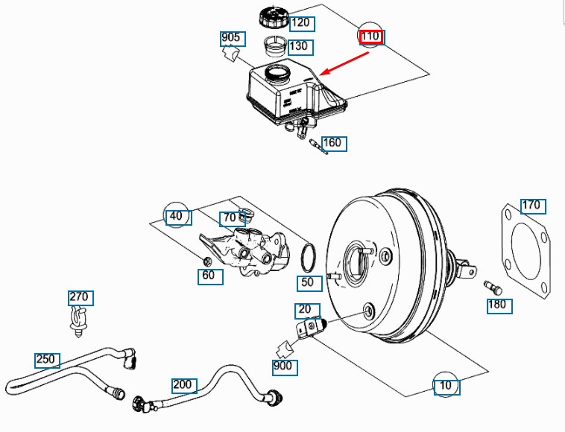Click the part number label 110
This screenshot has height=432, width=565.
click(x=370, y=36)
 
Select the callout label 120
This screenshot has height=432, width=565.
click(x=301, y=23)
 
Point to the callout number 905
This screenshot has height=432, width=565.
click(x=231, y=38)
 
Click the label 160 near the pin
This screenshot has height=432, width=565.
click(x=333, y=143)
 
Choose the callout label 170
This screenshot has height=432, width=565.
click(x=532, y=205)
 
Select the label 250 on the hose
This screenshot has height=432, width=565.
click(x=47, y=360)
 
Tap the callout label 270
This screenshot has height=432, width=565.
click(x=80, y=297)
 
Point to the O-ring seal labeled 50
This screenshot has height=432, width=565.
click(x=309, y=258)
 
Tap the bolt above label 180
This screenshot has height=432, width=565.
click(x=493, y=286)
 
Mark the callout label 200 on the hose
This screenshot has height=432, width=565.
click(x=183, y=385)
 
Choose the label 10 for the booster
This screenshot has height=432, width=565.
click(x=446, y=387)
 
